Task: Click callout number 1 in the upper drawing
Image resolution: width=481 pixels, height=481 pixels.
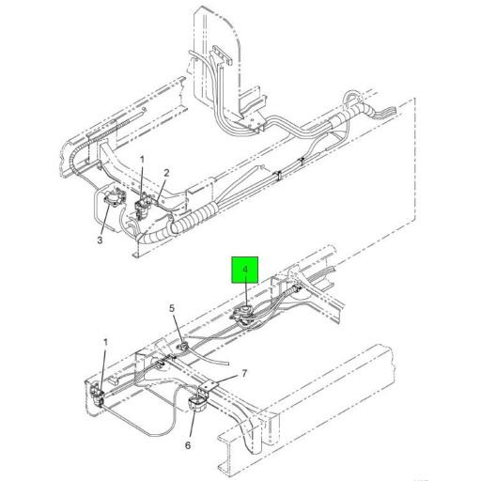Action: click(142, 160)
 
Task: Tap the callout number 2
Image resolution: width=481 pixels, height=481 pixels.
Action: click(166, 173)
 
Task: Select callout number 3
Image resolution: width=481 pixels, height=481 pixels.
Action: click(100, 240)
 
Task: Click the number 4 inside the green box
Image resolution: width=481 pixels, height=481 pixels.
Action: click(245, 270)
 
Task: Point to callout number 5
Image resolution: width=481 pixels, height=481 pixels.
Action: click(172, 308)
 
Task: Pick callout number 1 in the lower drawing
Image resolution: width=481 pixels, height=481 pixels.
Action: click(105, 343)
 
